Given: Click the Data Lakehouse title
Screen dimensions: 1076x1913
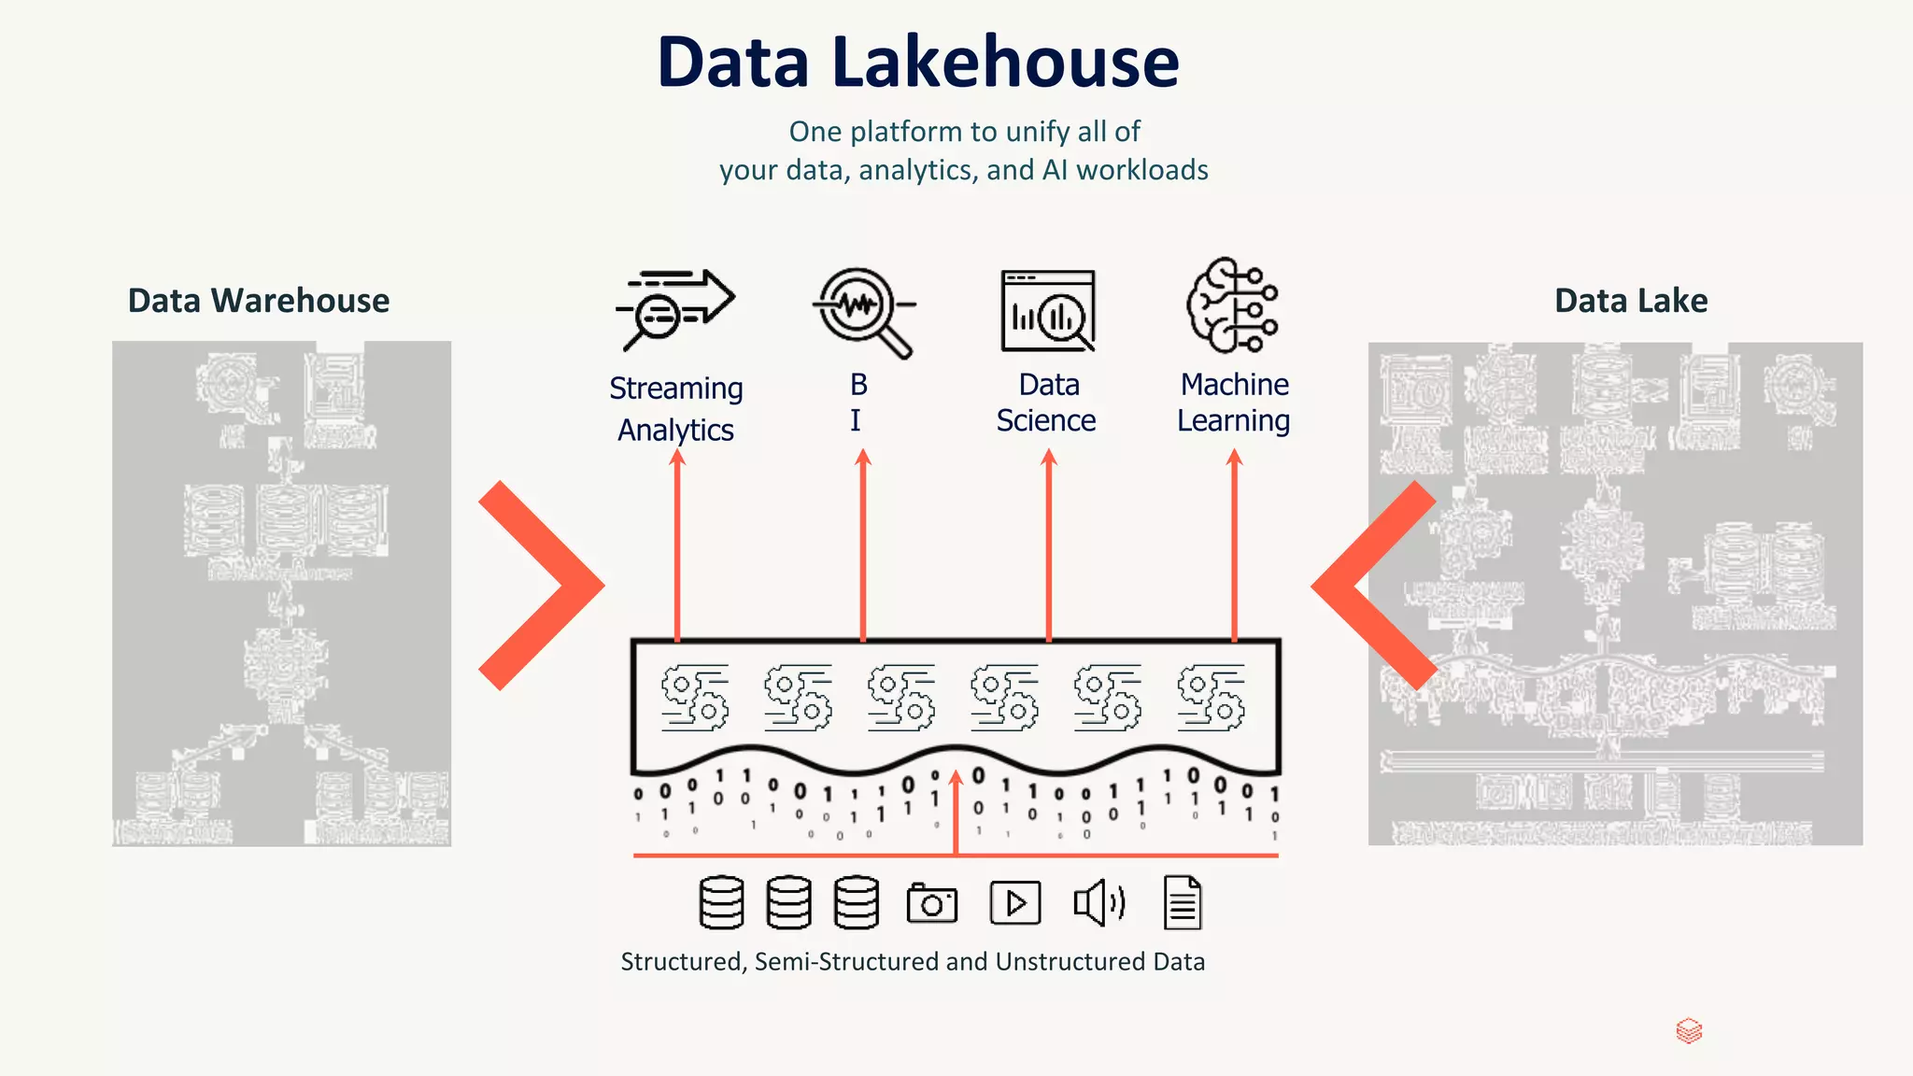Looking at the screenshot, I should pyautogui.click(x=918, y=62).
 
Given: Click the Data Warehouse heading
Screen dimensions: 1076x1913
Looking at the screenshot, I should pyautogui.click(x=259, y=301).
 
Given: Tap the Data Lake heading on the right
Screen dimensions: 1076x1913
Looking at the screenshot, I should pyautogui.click(x=1631, y=301).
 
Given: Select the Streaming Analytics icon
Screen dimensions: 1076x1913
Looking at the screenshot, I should pyautogui.click(x=674, y=309).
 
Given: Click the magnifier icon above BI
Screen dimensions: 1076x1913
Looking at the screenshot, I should pyautogui.click(x=862, y=311).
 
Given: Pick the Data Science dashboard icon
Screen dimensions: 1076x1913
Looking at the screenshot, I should pyautogui.click(x=1047, y=311).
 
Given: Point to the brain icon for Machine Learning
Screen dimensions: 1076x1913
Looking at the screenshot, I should pyautogui.click(x=1232, y=305).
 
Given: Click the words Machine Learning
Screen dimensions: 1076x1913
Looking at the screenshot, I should pyautogui.click(x=1234, y=403).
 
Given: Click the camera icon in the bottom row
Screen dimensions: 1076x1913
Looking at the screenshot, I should pyautogui.click(x=932, y=903).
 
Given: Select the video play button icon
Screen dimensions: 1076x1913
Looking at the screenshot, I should pyautogui.click(x=1015, y=903).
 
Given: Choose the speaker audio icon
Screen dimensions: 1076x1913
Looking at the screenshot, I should pyautogui.click(x=1098, y=903).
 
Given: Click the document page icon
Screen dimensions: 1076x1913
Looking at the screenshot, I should pyautogui.click(x=1183, y=903).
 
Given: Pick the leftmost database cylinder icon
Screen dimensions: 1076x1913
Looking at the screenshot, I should pyautogui.click(x=721, y=903).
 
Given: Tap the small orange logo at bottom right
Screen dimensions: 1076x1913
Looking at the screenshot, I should pyautogui.click(x=1689, y=1031).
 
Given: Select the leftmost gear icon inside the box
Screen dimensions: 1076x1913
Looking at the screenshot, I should pyautogui.click(x=694, y=698).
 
